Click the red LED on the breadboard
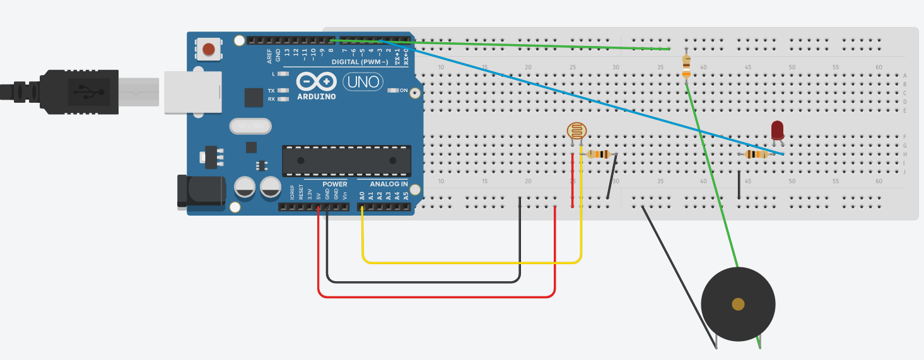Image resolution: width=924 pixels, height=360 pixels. pyautogui.click(x=777, y=131)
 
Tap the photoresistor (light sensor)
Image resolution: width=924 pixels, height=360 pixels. pyautogui.click(x=576, y=131)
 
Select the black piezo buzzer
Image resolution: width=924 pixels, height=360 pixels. pyautogui.click(x=738, y=305)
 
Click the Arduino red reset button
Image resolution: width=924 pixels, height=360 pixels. pyautogui.click(x=208, y=49)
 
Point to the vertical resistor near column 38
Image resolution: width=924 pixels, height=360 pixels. pyautogui.click(x=686, y=66)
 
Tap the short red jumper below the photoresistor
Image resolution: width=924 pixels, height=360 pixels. pyautogui.click(x=573, y=180)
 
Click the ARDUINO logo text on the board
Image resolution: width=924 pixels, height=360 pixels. pyautogui.click(x=316, y=96)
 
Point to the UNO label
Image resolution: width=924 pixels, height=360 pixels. pyautogui.click(x=363, y=81)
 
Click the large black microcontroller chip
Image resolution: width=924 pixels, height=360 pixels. pyautogui.click(x=346, y=160)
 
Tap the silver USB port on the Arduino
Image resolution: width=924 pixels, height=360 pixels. pyautogui.click(x=193, y=92)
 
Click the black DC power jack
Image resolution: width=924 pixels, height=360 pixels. pyautogui.click(x=201, y=191)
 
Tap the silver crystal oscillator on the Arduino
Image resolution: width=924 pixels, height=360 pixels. pyautogui.click(x=250, y=127)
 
